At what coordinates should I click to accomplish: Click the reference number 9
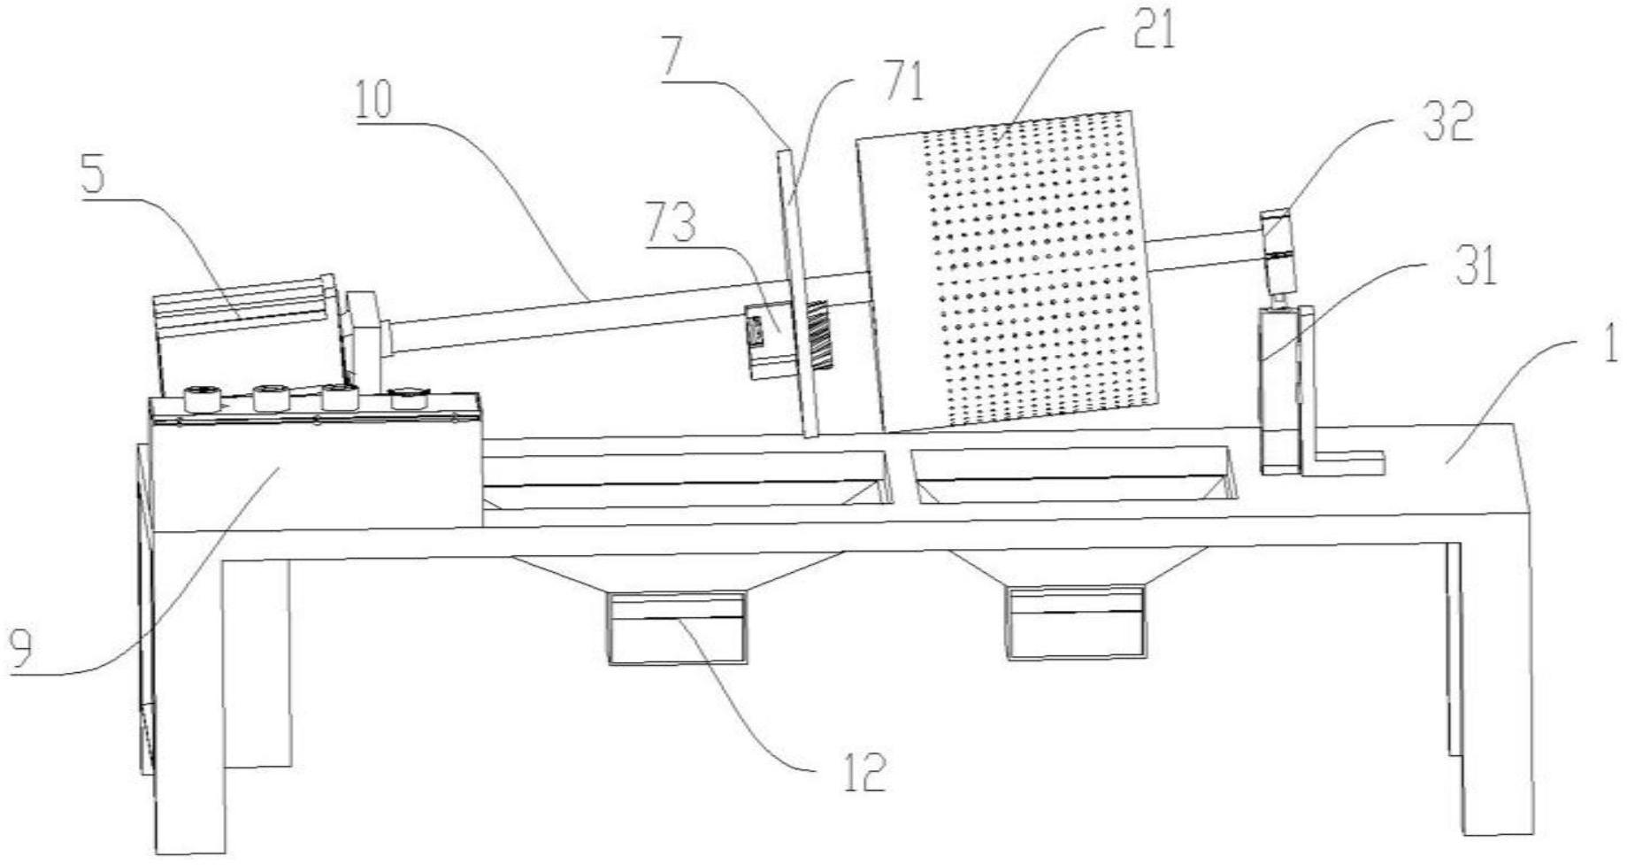point(19,651)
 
